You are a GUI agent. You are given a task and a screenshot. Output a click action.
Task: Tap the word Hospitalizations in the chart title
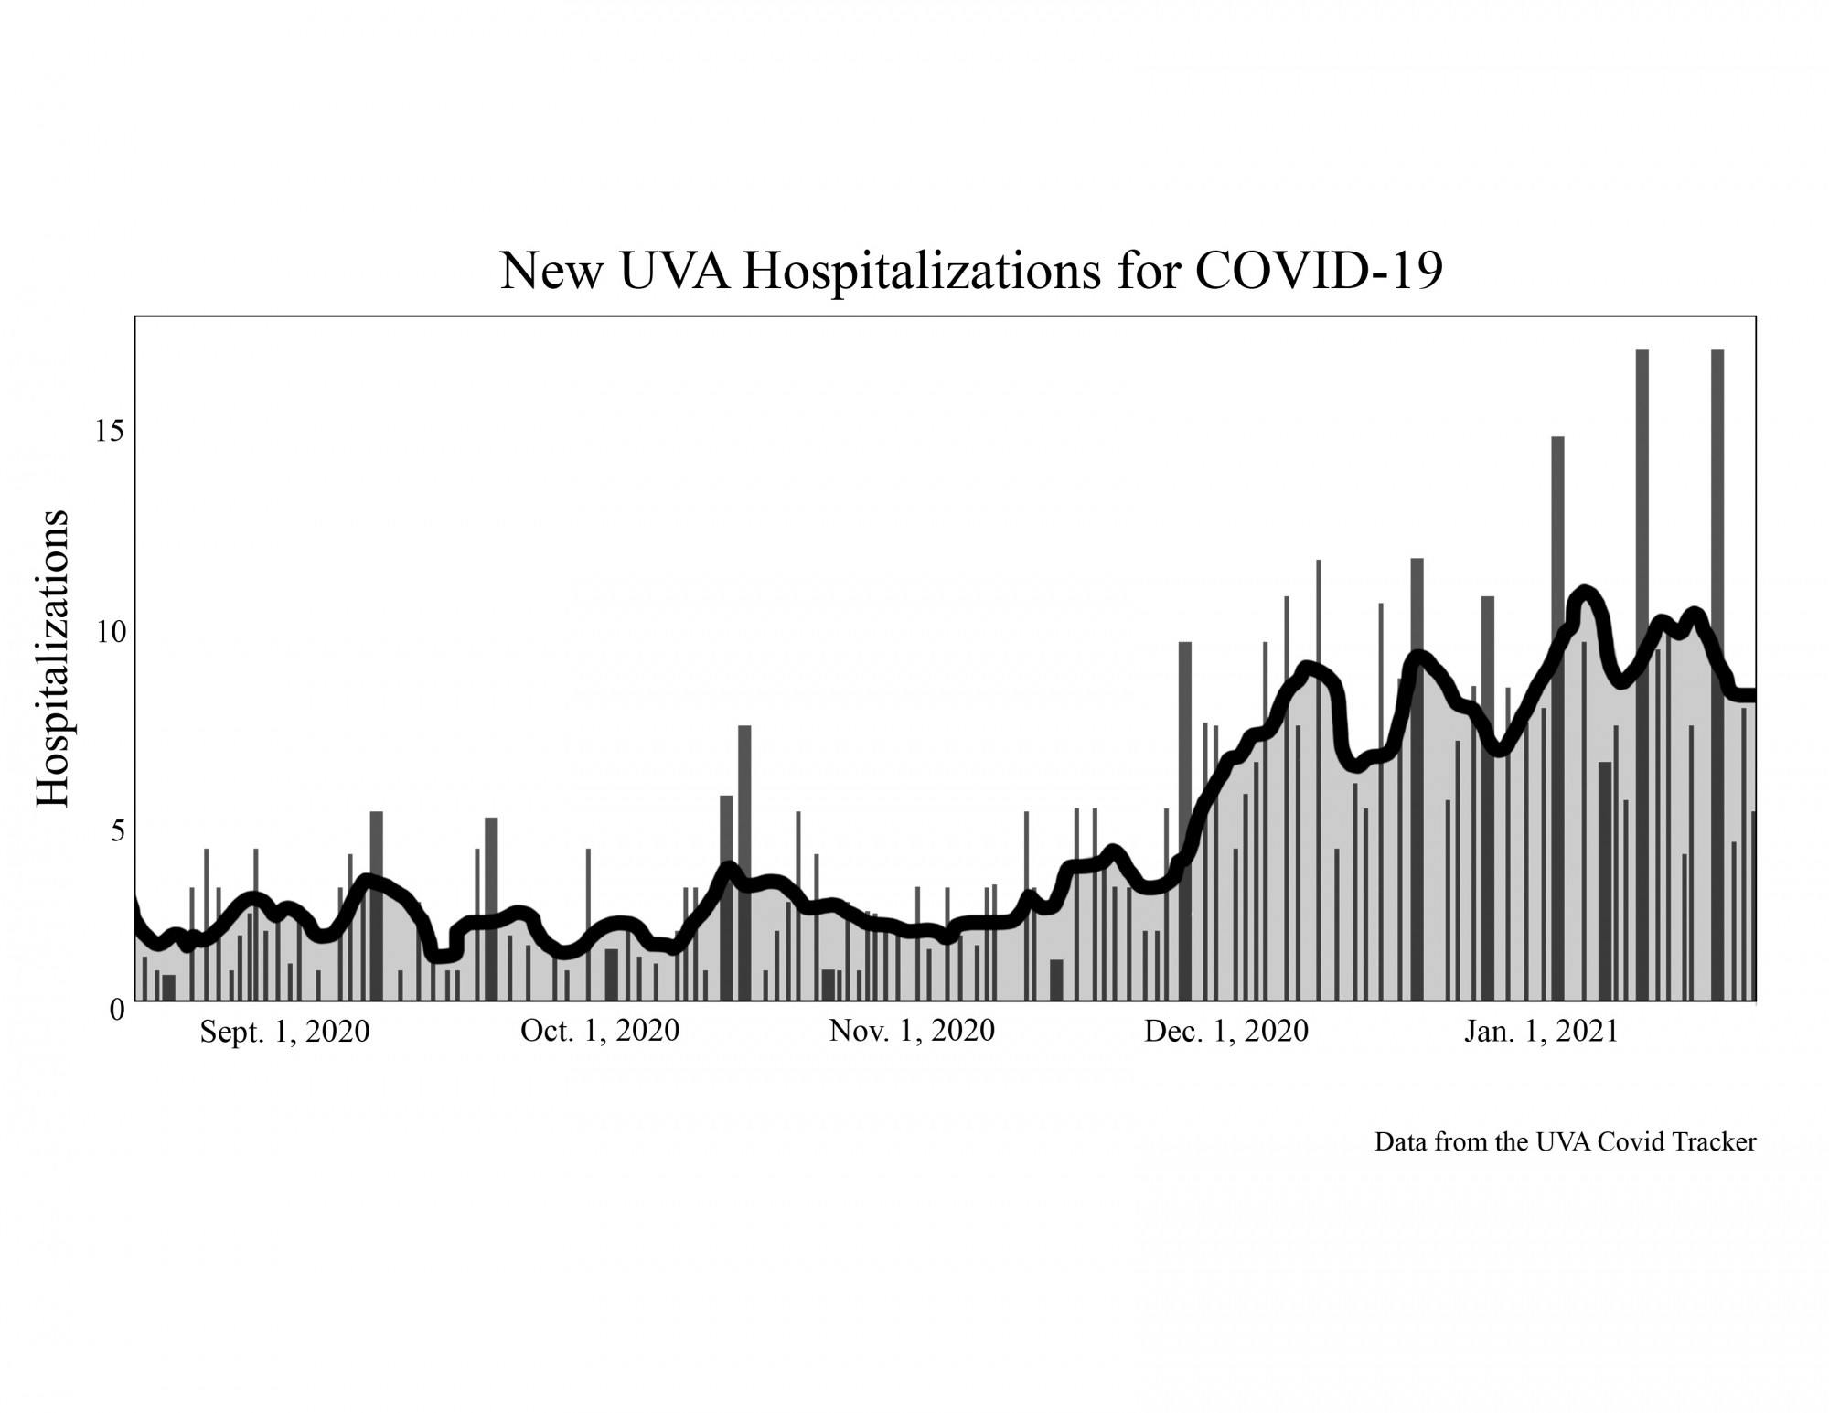point(921,272)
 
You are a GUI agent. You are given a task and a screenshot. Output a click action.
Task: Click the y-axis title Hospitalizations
point(53,658)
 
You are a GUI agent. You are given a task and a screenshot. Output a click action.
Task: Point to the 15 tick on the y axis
point(109,431)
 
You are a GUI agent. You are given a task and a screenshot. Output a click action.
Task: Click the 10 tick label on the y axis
point(109,631)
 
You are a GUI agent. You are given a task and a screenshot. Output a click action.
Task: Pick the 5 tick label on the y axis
point(116,830)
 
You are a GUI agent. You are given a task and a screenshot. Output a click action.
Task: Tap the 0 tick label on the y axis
point(116,1009)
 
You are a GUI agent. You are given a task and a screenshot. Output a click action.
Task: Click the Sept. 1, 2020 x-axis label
point(284,1032)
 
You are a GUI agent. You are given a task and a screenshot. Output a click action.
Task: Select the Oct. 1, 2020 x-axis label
point(600,1031)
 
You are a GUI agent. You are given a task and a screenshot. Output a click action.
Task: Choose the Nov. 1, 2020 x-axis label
point(912,1031)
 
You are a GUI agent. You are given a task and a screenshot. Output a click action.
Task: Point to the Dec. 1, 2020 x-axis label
point(1226,1032)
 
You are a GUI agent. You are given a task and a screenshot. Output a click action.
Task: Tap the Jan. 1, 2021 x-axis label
point(1541,1032)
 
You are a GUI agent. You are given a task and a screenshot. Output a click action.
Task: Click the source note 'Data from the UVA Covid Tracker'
point(1565,1142)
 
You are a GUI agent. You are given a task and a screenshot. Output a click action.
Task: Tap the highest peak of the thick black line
point(1584,594)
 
